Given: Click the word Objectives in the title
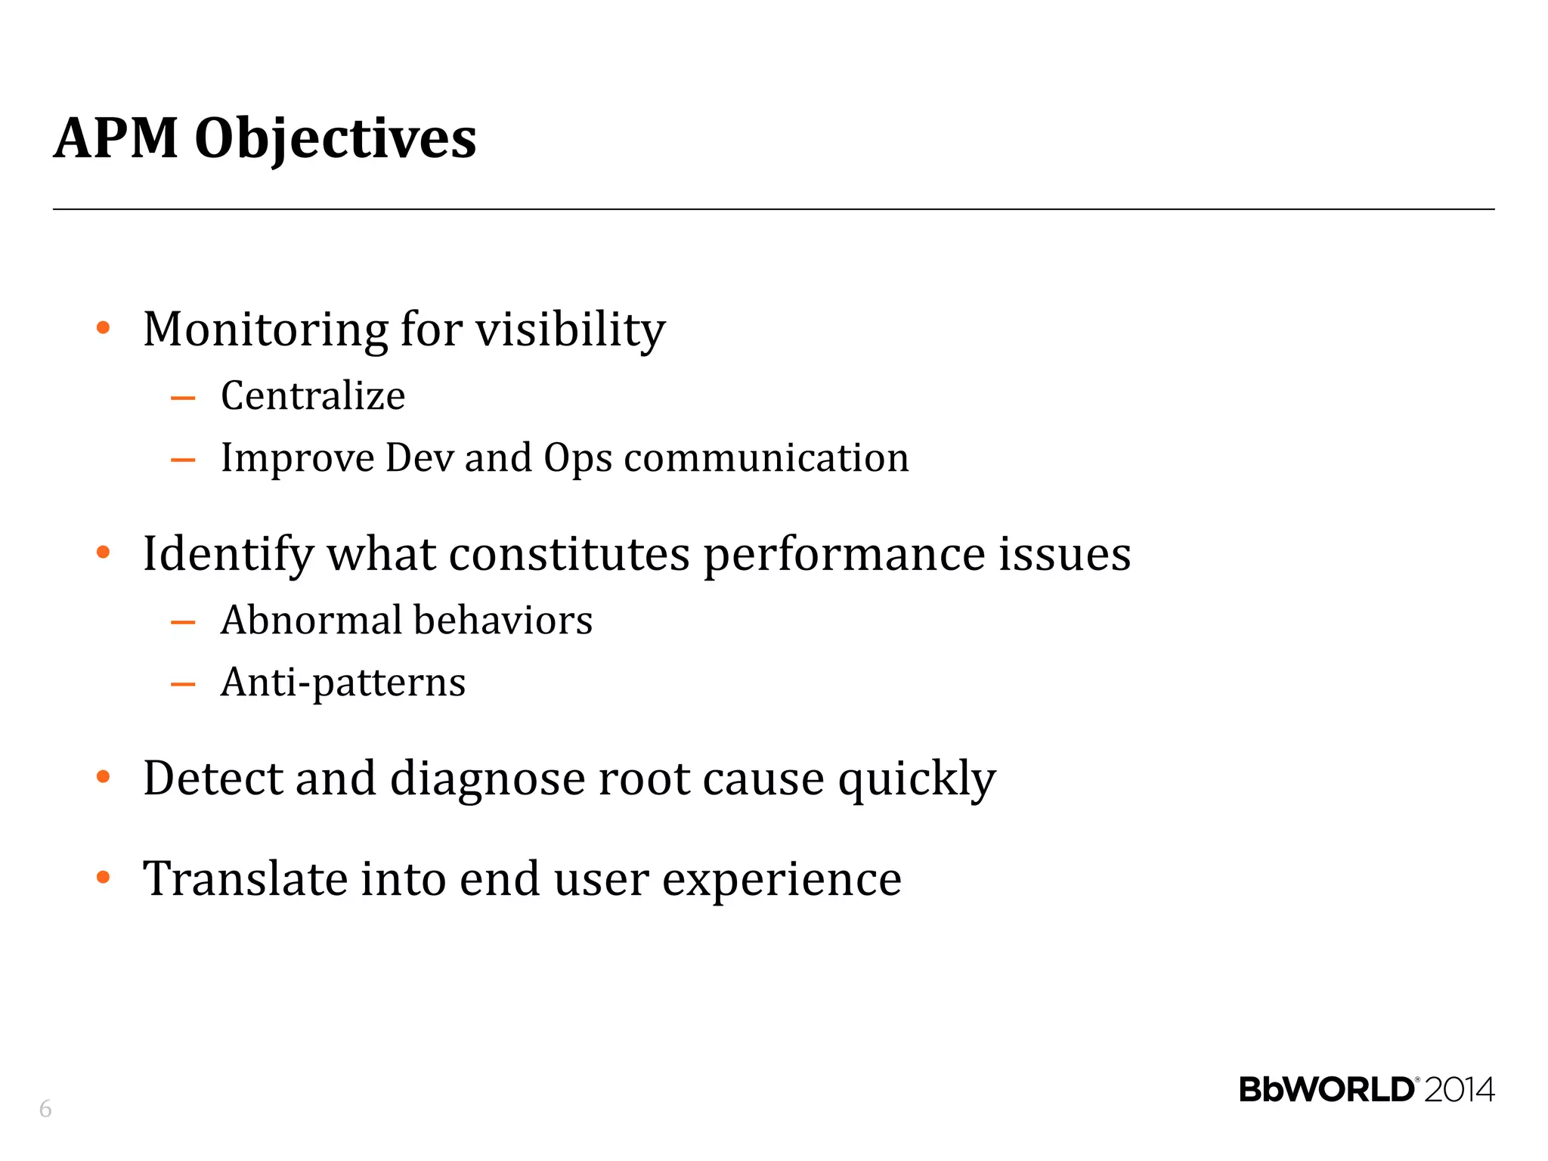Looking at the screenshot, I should click(336, 140).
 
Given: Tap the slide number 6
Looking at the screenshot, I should click(45, 1109).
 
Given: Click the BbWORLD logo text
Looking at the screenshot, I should click(1327, 1090).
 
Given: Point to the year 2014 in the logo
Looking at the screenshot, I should click(1460, 1090).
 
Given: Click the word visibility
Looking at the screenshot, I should click(571, 330).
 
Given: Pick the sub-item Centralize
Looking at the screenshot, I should click(313, 395).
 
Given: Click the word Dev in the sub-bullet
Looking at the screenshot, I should click(420, 457).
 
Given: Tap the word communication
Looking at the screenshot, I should click(766, 458).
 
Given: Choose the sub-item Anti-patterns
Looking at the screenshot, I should click(343, 683).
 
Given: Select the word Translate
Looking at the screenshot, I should click(245, 878).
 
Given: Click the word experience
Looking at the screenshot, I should click(782, 880).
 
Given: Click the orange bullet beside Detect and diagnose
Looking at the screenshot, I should click(104, 777).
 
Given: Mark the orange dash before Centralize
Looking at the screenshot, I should click(183, 398).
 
